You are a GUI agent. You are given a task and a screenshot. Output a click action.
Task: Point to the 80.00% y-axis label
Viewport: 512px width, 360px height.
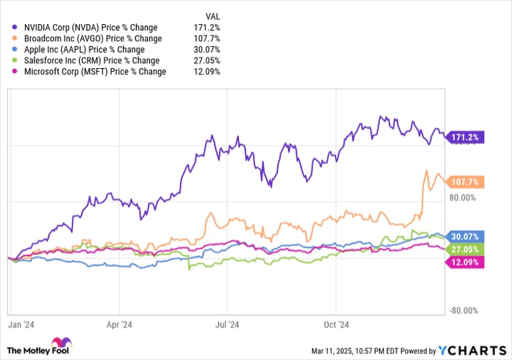coord(463,198)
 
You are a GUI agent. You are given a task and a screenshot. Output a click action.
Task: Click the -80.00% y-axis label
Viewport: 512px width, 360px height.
coord(462,310)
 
